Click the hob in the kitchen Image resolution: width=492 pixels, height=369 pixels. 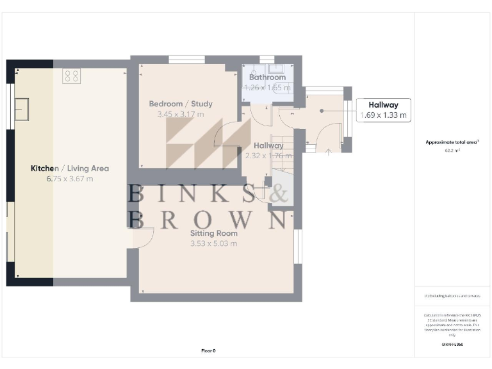[71, 76]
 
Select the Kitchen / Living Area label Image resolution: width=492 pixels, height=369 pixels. [70, 168]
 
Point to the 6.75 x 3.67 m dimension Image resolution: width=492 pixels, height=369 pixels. [70, 179]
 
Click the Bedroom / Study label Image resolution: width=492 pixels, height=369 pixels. [181, 104]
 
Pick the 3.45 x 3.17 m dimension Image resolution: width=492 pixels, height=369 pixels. [181, 115]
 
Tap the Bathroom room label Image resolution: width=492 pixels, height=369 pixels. [268, 77]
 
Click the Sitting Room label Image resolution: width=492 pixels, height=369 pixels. [213, 233]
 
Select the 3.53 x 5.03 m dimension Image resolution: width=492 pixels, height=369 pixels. [213, 243]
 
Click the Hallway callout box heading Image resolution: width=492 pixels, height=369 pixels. [383, 105]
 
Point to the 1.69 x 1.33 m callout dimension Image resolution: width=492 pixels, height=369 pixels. [383, 116]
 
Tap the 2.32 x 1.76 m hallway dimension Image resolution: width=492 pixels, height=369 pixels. [268, 156]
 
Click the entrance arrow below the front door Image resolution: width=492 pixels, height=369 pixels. [329, 152]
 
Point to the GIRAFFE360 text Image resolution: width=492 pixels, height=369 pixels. [452, 345]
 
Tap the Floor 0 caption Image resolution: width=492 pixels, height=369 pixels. [209, 351]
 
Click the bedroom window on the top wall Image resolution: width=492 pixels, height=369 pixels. [186, 60]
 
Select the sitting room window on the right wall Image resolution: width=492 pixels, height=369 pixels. [297, 246]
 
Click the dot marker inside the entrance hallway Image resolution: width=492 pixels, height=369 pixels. [322, 110]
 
